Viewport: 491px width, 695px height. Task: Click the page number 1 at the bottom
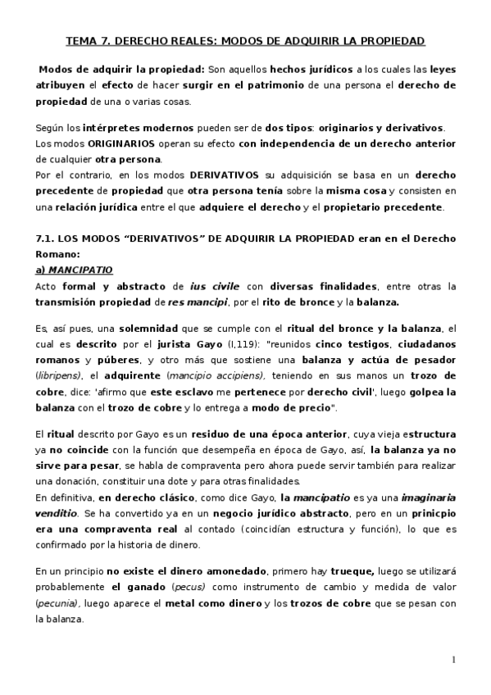coord(453,660)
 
